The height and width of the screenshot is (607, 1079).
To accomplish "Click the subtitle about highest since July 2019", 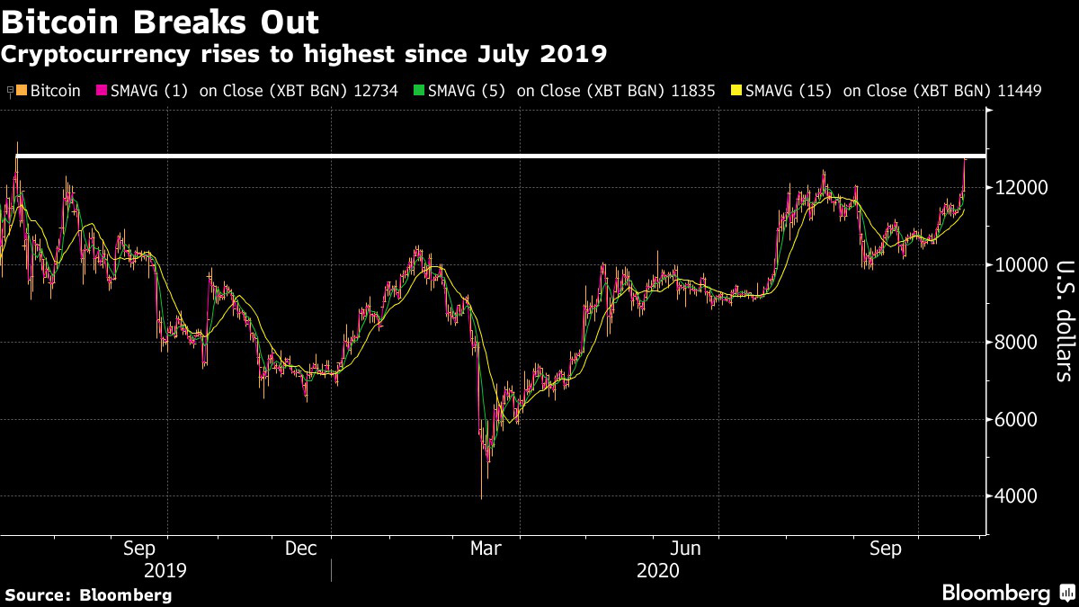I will coord(303,54).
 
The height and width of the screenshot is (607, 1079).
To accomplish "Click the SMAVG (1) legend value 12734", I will coord(377,91).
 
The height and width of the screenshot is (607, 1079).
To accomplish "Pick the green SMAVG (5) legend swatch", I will coord(417,91).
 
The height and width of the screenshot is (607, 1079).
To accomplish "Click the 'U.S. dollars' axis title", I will coord(1063,321).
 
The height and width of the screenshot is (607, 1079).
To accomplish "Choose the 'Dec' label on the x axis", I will coord(300,549).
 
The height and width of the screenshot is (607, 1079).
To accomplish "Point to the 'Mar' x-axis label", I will coord(486,549).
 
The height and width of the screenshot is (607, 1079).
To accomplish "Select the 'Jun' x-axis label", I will coord(687,549).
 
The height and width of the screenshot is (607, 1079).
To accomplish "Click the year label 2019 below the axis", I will coord(165,571).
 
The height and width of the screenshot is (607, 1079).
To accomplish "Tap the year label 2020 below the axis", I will coord(657,571).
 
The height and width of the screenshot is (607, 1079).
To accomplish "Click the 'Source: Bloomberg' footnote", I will coord(88,594).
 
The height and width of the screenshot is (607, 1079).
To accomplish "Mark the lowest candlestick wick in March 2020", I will coord(482,496).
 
